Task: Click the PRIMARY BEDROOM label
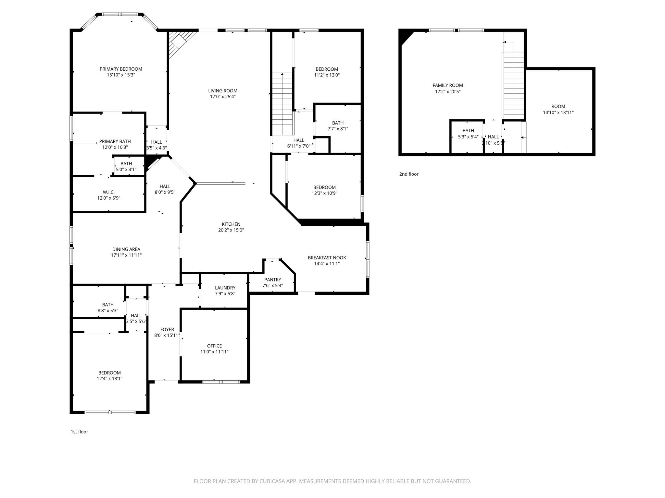[x=121, y=69]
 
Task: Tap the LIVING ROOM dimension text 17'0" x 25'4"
[x=223, y=97]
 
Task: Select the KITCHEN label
[x=231, y=224]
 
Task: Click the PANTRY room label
[x=273, y=280]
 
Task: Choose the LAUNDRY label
[x=225, y=288]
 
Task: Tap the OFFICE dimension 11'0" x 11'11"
[x=215, y=352]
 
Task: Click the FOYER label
[x=167, y=330]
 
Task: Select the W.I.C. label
[x=109, y=192]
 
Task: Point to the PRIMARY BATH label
[x=115, y=141]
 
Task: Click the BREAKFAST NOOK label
[x=327, y=258]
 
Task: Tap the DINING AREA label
[x=126, y=249]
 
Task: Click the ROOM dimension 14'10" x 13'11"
[x=558, y=113]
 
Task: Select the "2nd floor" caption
[x=409, y=174]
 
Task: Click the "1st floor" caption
[x=80, y=432]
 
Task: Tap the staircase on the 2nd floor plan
[x=513, y=86]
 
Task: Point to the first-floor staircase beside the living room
[x=282, y=104]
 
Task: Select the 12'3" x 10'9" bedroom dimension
[x=324, y=193]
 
